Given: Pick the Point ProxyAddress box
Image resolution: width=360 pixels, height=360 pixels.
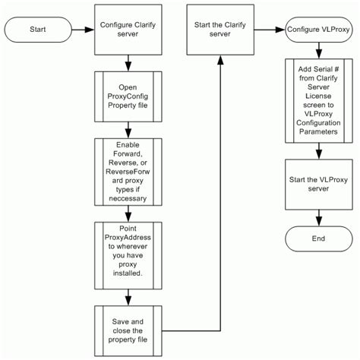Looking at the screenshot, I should pos(127,250).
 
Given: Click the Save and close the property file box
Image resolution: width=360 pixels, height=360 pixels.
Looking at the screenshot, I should pos(127,330).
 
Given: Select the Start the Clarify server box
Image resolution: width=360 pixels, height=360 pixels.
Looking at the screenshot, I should pos(219,30).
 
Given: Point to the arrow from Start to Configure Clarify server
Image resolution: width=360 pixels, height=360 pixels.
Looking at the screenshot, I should pos(82,30).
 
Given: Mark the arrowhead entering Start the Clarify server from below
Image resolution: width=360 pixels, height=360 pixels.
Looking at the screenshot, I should pos(219,62).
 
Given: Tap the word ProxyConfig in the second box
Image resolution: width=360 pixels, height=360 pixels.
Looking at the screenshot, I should pos(127,96).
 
